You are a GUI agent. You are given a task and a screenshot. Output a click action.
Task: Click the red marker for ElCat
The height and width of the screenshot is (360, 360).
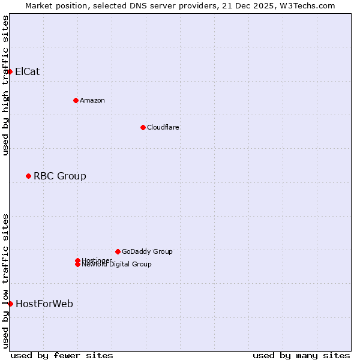10,71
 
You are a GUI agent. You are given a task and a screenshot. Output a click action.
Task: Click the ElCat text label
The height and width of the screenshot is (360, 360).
27,71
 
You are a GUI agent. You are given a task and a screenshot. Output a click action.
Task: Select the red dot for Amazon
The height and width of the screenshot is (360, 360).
76,100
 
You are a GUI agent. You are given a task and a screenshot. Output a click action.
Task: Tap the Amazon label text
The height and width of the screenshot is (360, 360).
92,100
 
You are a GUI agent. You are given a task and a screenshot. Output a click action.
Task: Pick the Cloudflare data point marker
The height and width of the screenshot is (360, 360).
143,127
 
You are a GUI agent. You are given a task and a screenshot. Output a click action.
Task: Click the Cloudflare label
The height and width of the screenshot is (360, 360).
163,127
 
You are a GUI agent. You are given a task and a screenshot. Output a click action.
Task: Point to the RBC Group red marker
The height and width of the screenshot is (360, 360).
28,176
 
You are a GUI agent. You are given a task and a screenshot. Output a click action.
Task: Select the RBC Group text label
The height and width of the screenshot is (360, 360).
59,176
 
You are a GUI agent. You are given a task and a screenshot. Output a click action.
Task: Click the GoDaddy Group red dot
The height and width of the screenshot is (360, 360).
118,251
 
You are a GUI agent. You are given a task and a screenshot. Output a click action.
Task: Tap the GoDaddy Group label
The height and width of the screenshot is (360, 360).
147,251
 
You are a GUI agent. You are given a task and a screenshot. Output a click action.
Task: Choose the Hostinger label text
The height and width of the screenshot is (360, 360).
96,260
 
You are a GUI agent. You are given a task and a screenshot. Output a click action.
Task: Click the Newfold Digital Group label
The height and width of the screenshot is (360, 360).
116,265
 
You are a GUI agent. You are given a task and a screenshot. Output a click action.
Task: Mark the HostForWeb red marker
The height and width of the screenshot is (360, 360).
10,304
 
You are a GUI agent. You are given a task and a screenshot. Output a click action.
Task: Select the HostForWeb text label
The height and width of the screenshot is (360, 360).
44,304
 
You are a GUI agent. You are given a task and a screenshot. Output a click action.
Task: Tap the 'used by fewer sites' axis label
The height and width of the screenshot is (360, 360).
62,355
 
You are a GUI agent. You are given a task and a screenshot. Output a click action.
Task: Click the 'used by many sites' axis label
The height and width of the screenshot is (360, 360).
301,355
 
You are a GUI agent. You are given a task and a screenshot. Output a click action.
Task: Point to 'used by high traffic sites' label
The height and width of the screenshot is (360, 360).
5,85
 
